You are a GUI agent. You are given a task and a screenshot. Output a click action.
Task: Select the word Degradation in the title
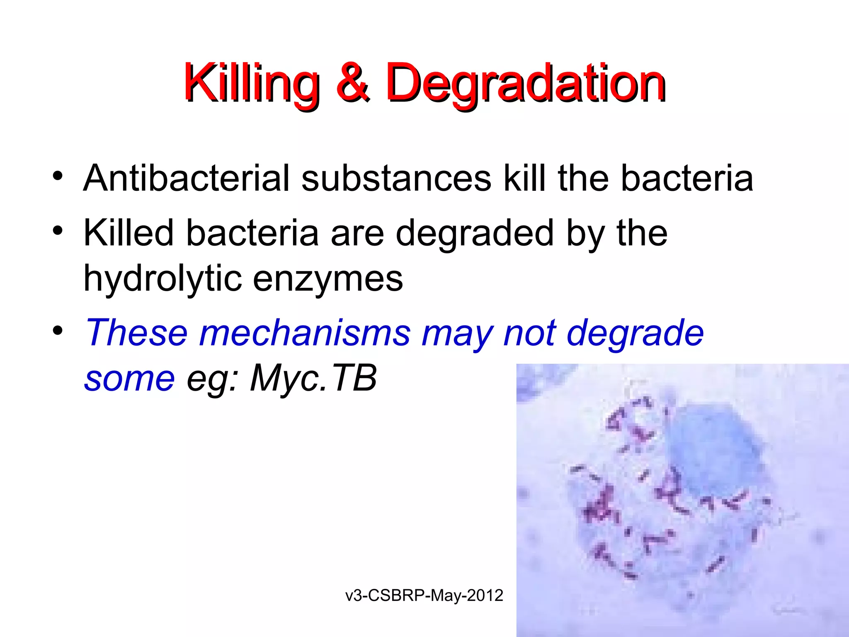pos(525,83)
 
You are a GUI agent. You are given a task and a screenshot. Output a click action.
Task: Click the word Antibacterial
pos(186,178)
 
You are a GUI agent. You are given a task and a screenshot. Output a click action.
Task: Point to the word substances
pos(396,178)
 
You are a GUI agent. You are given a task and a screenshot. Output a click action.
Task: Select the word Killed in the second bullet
pos(128,233)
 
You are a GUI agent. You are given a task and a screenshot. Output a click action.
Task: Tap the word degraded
pos(474,233)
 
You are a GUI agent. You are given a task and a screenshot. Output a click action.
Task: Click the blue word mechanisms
pos(305,333)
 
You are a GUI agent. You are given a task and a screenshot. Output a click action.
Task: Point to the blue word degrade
pos(635,333)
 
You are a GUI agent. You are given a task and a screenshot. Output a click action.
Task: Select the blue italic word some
pos(129,378)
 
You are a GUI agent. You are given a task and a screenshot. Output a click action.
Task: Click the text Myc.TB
pos(313,378)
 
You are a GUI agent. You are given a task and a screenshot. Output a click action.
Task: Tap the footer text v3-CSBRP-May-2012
pos(424,596)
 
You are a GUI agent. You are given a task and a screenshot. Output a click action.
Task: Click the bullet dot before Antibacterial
pos(58,176)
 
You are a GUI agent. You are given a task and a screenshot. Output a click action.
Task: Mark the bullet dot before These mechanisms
pos(58,331)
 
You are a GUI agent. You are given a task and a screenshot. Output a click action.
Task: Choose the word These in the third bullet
pos(136,333)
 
